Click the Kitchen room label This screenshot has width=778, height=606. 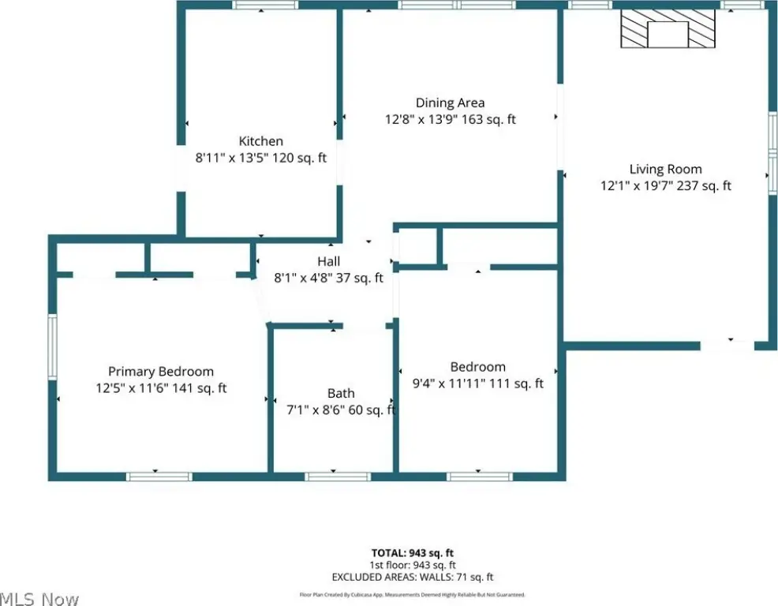(261, 141)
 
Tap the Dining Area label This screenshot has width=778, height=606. (450, 103)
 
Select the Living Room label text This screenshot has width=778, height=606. (665, 169)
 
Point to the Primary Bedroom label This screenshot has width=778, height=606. (161, 372)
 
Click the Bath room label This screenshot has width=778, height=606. (341, 394)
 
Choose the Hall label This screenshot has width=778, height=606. (328, 261)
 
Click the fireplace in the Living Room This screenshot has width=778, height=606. (668, 28)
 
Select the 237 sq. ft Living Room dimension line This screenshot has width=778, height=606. (665, 185)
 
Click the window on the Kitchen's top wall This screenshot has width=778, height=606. (265, 5)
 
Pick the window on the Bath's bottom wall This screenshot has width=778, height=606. (338, 477)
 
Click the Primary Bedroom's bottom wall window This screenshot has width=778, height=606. (159, 477)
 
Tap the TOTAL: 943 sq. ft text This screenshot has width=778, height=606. (413, 553)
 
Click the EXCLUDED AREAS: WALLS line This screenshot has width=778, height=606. (413, 577)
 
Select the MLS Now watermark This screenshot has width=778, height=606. (39, 599)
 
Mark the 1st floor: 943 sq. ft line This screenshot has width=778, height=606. (413, 565)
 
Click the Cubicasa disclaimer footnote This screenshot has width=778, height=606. (413, 595)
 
